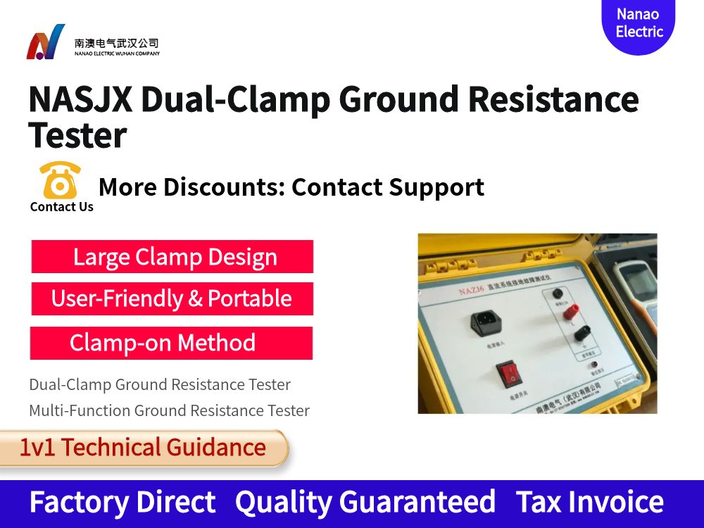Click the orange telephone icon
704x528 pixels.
[61, 181]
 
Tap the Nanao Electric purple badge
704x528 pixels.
[639, 24]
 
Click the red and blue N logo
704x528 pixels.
[46, 42]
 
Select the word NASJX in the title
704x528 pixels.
[80, 99]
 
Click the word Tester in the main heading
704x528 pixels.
[77, 135]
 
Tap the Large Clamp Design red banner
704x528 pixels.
[172, 257]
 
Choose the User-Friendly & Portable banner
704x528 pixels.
[172, 298]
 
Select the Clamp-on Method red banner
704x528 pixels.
[171, 343]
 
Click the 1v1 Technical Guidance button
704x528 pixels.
[143, 448]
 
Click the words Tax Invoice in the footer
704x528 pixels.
[589, 502]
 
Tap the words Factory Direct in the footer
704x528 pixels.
[122, 502]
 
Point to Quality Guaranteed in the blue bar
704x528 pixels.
[365, 502]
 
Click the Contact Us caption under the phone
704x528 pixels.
[62, 207]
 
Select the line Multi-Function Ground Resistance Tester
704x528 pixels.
[169, 410]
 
